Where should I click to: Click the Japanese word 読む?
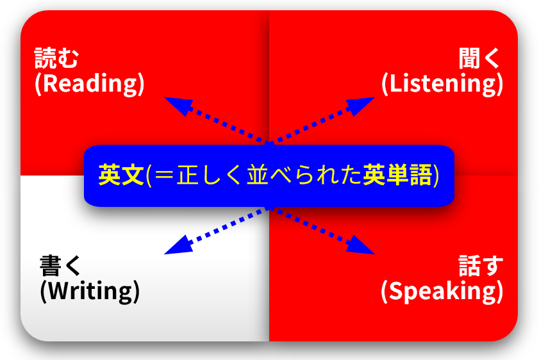pyautogui.click(x=56, y=58)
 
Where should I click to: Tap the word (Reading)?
pyautogui.click(x=89, y=83)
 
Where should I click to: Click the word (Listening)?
pyautogui.click(x=442, y=83)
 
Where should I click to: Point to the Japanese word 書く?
pyautogui.click(x=60, y=266)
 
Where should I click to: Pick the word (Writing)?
pyautogui.click(x=90, y=291)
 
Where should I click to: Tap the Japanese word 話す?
pyautogui.click(x=481, y=266)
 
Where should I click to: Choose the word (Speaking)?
pyautogui.click(x=442, y=291)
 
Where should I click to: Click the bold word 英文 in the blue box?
pyautogui.click(x=121, y=175)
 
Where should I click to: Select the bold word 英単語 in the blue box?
pyautogui.click(x=397, y=175)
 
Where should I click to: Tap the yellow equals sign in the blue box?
pyautogui.click(x=164, y=176)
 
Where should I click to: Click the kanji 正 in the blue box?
pyautogui.click(x=188, y=175)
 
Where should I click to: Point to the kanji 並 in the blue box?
pyautogui.click(x=258, y=175)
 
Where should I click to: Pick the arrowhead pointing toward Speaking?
pyautogui.click(x=361, y=245)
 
